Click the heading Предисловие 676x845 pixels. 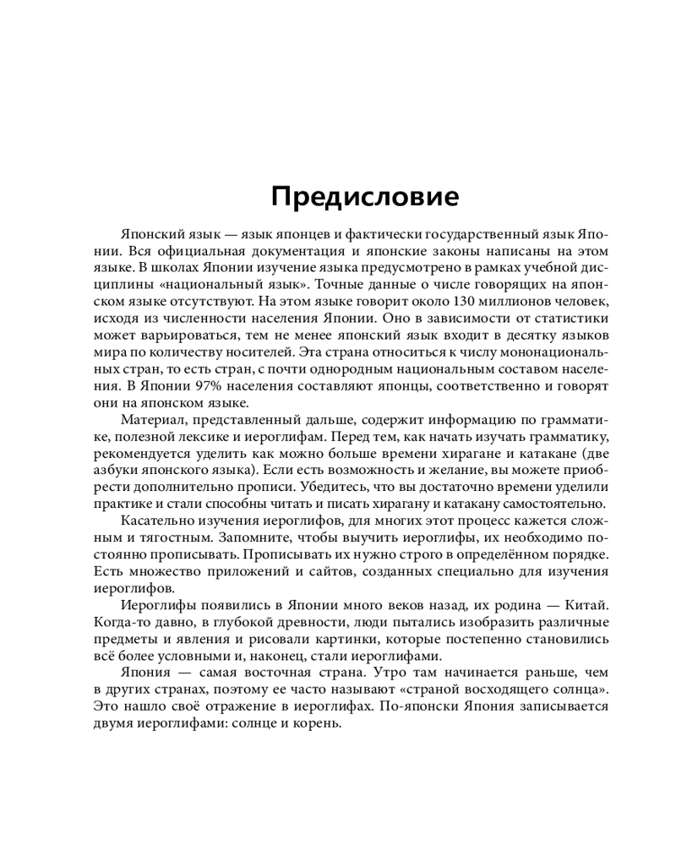pos(365,198)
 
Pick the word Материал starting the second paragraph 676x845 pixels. pos(152,420)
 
